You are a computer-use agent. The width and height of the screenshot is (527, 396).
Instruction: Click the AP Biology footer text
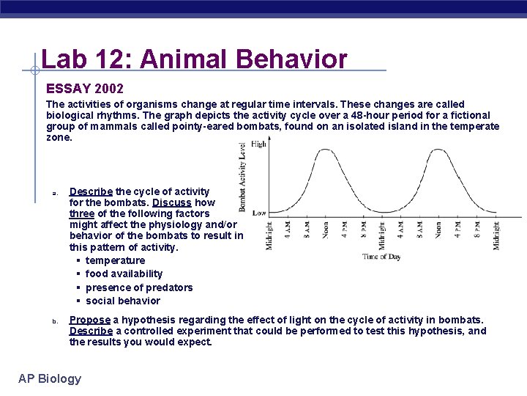coord(50,378)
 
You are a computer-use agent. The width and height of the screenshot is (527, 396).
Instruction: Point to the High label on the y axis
coord(258,144)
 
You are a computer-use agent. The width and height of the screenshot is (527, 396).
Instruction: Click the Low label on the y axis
coord(258,212)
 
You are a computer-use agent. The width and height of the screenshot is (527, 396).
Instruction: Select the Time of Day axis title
coord(382,257)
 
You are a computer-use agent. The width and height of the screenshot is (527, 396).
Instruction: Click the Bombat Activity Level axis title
coord(242,176)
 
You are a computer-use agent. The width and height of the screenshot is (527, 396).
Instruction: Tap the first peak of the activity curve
coord(325,150)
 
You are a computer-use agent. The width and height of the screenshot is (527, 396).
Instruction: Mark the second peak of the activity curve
coord(439,150)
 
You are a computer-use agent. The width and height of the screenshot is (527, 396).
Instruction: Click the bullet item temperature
coord(115,260)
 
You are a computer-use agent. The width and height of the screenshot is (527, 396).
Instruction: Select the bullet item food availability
coord(124,274)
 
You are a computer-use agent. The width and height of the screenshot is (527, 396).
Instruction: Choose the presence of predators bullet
coord(139,287)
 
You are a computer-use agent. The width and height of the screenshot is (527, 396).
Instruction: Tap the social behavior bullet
coord(122,301)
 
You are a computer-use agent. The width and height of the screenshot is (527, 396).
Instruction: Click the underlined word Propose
coord(90,320)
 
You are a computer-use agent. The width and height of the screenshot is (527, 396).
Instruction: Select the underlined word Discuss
coord(173,202)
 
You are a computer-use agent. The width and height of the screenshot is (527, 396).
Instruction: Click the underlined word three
coord(82,213)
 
